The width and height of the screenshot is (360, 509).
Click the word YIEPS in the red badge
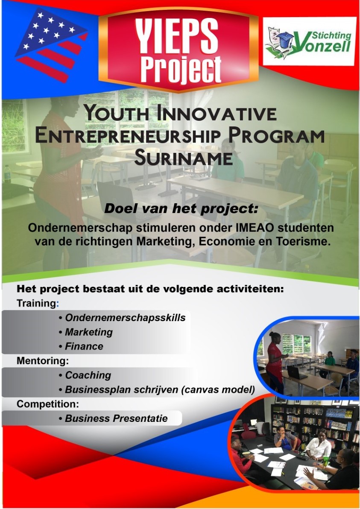tap(176, 36)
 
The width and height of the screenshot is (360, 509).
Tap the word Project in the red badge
tap(181, 70)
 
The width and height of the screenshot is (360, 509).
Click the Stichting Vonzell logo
tap(309, 41)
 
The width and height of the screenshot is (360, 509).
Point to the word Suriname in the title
tap(183, 158)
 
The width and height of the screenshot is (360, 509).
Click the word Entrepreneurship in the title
tap(128, 135)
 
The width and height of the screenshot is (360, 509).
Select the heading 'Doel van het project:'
tap(181, 208)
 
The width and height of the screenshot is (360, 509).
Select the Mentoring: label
tap(43, 361)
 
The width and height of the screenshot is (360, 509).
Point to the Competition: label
tap(48, 404)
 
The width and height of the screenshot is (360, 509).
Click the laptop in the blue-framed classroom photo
tap(296, 373)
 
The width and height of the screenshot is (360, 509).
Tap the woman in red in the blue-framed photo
tap(274, 362)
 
